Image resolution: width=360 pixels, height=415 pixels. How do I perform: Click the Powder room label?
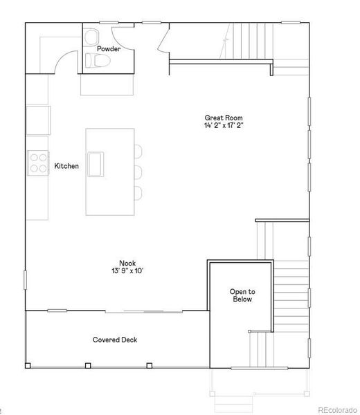[x=108, y=48]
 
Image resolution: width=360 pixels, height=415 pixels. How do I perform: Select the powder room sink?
[x=91, y=37]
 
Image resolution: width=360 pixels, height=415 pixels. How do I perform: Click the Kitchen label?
[x=66, y=166]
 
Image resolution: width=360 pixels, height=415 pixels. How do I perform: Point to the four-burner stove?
[x=37, y=161]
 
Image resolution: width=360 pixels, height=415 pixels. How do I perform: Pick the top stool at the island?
[x=137, y=151]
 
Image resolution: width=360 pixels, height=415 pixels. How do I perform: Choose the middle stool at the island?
[x=137, y=172]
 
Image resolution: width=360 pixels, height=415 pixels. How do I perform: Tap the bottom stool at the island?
[x=137, y=192]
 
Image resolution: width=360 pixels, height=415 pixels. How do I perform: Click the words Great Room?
[x=224, y=118]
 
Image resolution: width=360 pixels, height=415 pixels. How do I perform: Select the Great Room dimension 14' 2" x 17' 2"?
[x=224, y=126]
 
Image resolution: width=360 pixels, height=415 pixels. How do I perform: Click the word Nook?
[x=127, y=262]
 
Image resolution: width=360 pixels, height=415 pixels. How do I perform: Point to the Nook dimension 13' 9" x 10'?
[x=127, y=270]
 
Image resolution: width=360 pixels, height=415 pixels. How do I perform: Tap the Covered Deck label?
[x=115, y=340]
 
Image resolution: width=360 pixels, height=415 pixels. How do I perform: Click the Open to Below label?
[x=242, y=295]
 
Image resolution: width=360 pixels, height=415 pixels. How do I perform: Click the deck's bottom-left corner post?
[x=28, y=365]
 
